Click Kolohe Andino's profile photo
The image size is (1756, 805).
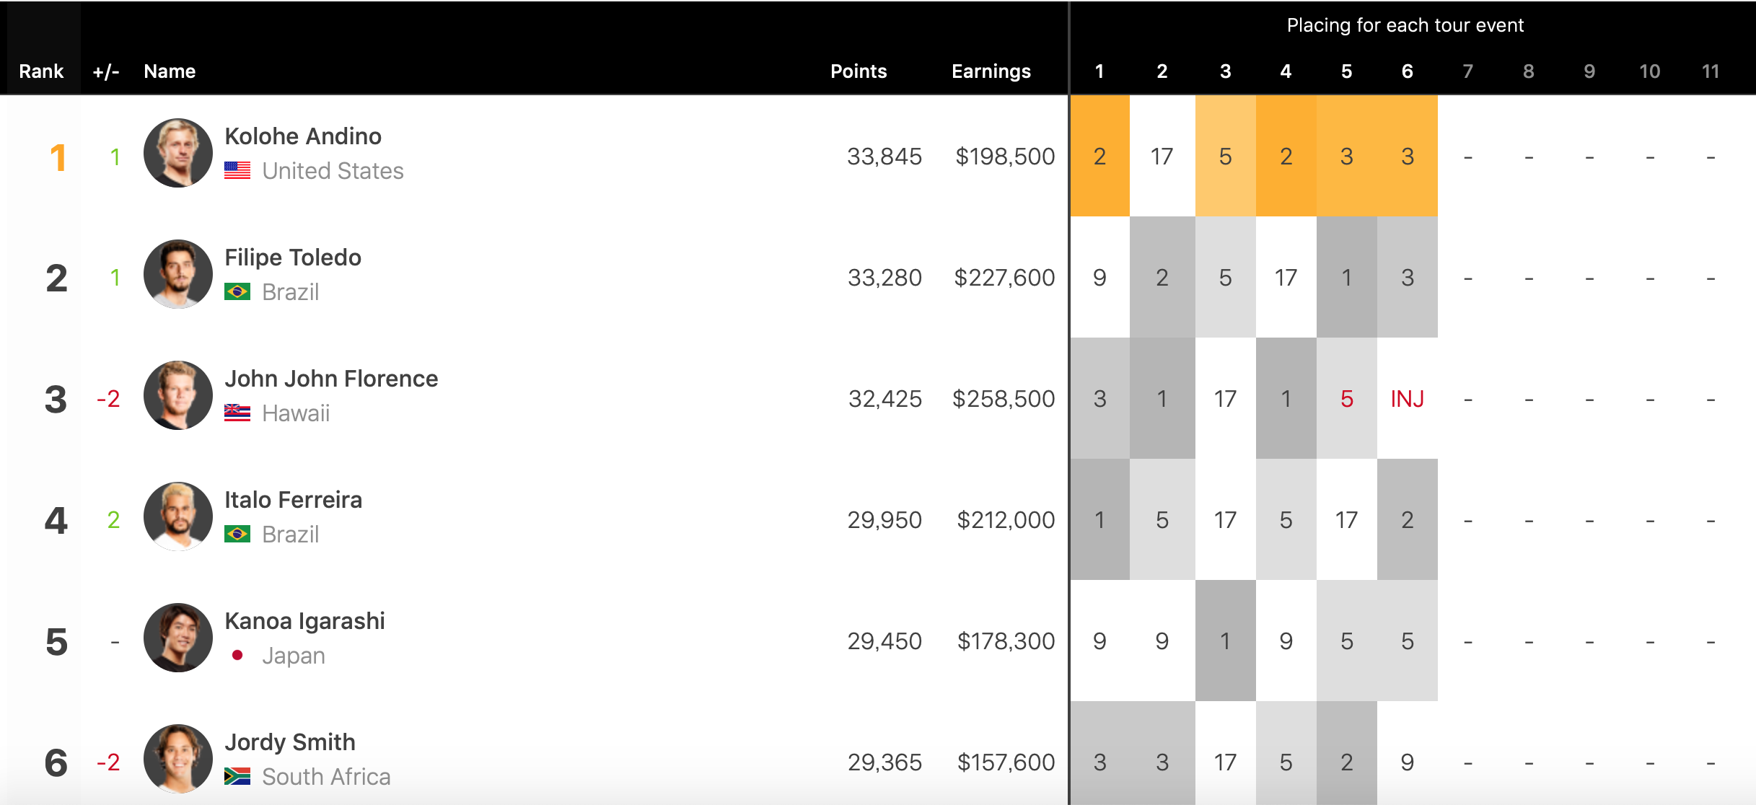click(177, 153)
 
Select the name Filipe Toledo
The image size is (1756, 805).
click(292, 258)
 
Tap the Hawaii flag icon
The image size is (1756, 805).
click(237, 413)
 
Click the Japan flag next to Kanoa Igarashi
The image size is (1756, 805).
click(237, 655)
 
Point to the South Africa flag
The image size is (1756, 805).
click(237, 776)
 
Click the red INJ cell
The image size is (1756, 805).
click(1407, 399)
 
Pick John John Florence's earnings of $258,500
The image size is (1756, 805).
click(1004, 399)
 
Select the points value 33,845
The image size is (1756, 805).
click(884, 157)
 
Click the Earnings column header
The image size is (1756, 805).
click(991, 71)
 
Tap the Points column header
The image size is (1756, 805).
click(859, 71)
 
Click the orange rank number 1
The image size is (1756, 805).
click(58, 157)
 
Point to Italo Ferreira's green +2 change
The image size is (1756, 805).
click(113, 520)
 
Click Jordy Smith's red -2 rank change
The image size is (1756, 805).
click(108, 762)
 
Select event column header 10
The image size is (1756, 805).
click(1649, 71)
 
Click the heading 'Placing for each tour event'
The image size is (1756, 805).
click(1405, 25)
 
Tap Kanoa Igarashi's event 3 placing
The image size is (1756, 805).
click(1225, 641)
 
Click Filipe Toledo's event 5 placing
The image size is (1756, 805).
click(1346, 278)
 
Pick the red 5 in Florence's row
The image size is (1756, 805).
click(1346, 399)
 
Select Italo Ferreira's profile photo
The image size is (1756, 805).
click(177, 516)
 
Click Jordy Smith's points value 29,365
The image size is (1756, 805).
click(884, 762)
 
